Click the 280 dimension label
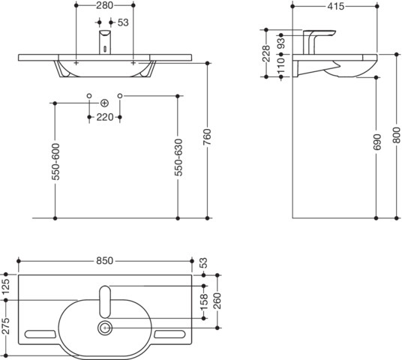tap(104, 6)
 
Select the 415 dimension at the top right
tap(335, 7)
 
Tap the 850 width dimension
tap(104, 261)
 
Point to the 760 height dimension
tap(207, 137)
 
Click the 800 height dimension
tap(396, 135)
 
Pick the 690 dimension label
tap(377, 142)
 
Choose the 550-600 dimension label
tap(55, 162)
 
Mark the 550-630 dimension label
tap(178, 157)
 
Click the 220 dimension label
tap(104, 118)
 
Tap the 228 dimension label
tap(266, 53)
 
